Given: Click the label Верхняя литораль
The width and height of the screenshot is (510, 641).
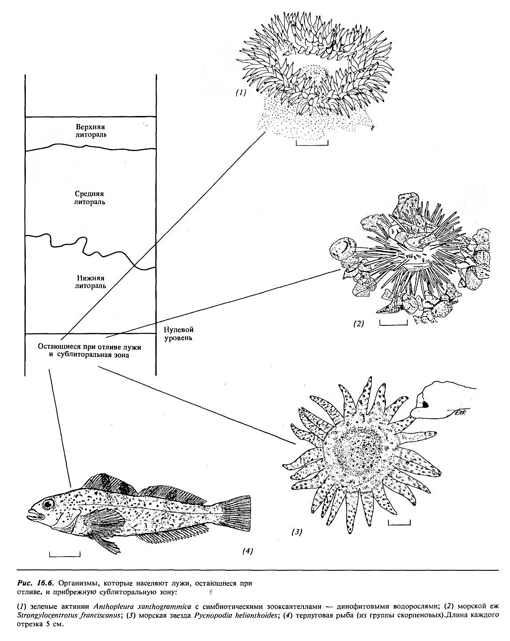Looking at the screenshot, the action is pos(90,131).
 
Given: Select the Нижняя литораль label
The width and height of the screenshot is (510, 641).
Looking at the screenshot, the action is pos(90,282).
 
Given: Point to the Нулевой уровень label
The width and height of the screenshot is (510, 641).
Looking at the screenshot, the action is pos(178,334).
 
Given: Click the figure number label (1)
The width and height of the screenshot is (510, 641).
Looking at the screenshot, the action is pos(241,93).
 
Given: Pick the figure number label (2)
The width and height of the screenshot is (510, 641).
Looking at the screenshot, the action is pos(359,323).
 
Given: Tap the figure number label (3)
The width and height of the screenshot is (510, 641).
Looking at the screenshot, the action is pos(297,532).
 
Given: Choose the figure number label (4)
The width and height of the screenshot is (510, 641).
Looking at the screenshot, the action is pos(247,551).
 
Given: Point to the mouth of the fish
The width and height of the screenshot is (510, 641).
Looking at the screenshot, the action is pos(32,513).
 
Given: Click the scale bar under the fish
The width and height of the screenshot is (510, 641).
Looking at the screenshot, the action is pos(65,555).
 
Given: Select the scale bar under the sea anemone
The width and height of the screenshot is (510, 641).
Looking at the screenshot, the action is pos(312,143).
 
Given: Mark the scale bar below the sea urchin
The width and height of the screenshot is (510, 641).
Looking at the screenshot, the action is pos(393,323).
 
